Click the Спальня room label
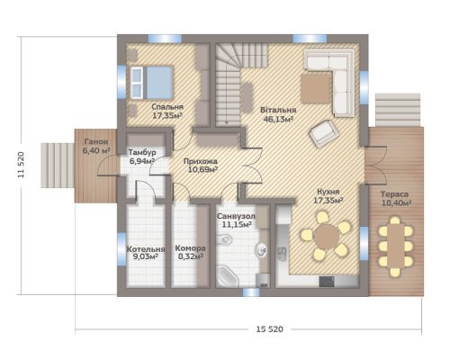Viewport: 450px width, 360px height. coord(167,107)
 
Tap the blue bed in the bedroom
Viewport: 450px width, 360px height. coord(152,83)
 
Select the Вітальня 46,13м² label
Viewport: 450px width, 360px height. coord(278,114)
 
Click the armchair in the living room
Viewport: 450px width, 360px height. coord(324,133)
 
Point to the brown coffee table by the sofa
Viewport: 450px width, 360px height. coord(316,88)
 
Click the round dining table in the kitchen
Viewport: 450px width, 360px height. coord(327,237)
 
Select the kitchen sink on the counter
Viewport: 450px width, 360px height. coord(282,253)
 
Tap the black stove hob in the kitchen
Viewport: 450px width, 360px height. coord(327,282)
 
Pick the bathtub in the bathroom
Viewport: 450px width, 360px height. coord(227,276)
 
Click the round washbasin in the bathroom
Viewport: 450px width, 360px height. coord(262,250)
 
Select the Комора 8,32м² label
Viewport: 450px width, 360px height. coord(190,252)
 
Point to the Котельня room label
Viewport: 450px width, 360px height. coord(146,249)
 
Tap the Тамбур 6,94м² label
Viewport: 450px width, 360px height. coord(142,157)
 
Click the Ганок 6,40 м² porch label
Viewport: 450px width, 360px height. coord(96,146)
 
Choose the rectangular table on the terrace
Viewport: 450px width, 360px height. coord(396,246)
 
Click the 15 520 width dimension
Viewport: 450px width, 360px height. coord(269,329)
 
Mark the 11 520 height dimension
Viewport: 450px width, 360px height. coord(21,165)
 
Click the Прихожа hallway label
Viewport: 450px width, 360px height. coord(201,161)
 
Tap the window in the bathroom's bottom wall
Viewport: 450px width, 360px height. coord(251,292)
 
